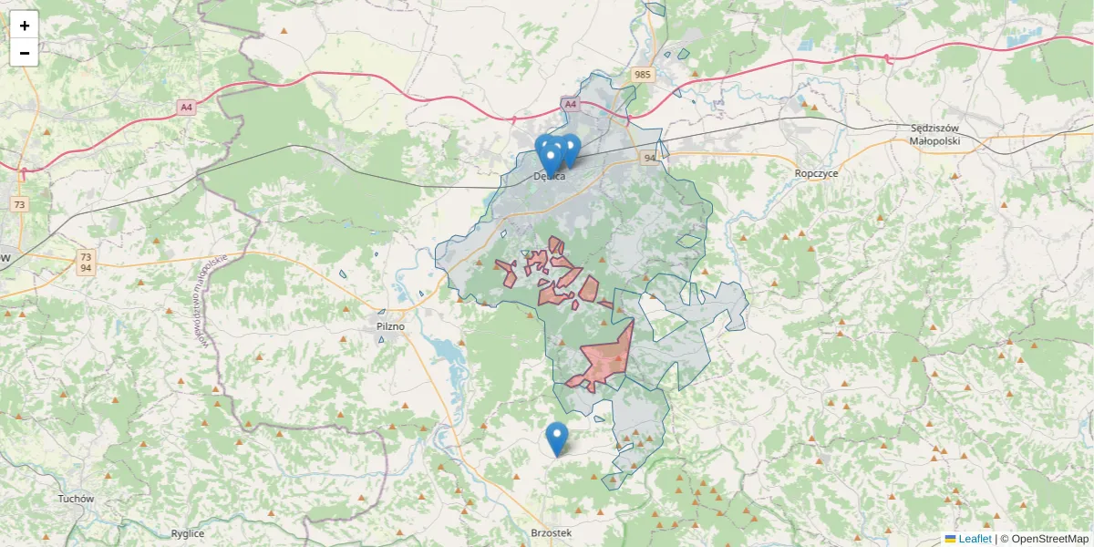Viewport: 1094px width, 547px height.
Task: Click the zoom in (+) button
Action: click(x=24, y=26)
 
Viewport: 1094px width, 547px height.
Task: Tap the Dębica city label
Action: click(x=550, y=177)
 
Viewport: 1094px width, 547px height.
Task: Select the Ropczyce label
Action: click(x=816, y=172)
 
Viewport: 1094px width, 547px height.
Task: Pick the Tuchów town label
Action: click(x=76, y=499)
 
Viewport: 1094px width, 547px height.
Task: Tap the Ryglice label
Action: click(x=188, y=533)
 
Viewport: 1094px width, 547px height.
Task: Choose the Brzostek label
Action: click(x=551, y=532)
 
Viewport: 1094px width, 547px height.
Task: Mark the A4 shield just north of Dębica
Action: click(x=571, y=105)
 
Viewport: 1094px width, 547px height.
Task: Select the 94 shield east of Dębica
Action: click(x=650, y=158)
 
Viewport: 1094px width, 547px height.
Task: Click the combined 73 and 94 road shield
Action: click(x=86, y=263)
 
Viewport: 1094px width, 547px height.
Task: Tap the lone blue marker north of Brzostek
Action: click(x=556, y=438)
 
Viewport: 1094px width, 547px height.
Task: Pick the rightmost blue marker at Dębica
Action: click(x=571, y=149)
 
